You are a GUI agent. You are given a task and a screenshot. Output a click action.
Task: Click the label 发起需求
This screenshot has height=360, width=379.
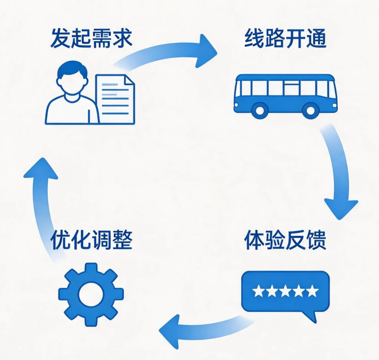pos(92,38)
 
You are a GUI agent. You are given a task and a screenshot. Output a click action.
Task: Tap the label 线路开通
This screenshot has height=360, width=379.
pos(286,38)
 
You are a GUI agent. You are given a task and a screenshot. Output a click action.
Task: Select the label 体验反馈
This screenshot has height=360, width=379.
pos(286,240)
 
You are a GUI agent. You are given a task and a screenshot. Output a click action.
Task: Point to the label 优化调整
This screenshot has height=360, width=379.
pos(92,240)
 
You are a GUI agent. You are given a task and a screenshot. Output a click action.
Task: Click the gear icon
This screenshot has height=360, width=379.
pos(91,295)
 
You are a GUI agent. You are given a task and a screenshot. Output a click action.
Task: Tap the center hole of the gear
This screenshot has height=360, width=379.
pos(91,295)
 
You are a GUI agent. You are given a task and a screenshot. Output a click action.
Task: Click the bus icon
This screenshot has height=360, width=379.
pos(286,96)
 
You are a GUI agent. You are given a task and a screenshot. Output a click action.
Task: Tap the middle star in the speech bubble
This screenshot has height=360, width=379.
pos(285,291)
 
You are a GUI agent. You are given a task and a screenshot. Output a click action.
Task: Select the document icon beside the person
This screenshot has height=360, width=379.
pos(115,99)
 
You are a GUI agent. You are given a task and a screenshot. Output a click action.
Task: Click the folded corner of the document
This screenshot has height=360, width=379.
pos(129,79)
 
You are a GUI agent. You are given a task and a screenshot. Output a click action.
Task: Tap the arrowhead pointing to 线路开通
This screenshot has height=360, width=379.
pos(205,51)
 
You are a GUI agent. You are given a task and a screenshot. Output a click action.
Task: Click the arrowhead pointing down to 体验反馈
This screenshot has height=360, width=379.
pos(341,209)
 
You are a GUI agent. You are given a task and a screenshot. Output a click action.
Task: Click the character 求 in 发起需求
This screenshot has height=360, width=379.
pos(122,38)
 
